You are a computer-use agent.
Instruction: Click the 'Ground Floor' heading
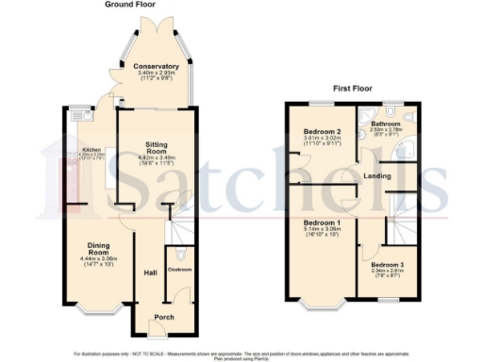point(130,5)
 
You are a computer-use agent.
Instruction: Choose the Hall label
point(149,273)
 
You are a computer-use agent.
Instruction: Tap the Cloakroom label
point(178,270)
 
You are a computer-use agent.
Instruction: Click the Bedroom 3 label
point(388,265)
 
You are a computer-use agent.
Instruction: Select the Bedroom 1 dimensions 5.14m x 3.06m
point(324,228)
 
